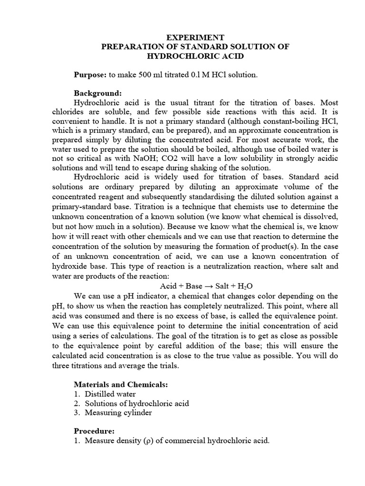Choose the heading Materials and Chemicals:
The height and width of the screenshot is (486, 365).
pyautogui.click(x=121, y=384)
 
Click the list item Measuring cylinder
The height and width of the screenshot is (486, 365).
pyautogui.click(x=118, y=412)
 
